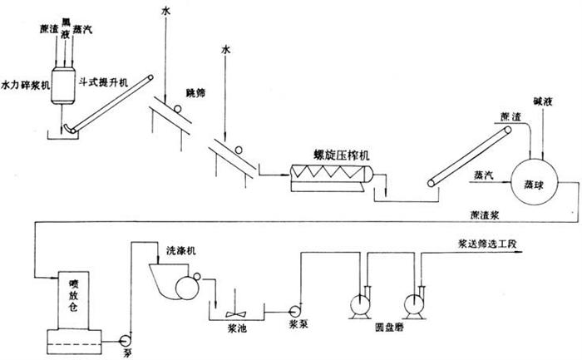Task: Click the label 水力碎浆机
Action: coord(26,85)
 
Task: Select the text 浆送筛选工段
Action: coord(491,244)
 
